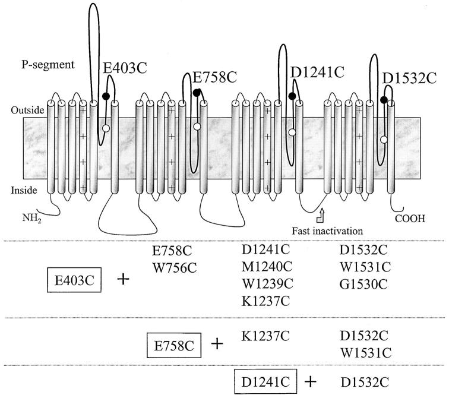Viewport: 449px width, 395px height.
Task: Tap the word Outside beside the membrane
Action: coord(26,110)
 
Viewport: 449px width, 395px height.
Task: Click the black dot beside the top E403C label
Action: coord(106,96)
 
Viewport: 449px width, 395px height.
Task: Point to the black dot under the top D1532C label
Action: coord(384,99)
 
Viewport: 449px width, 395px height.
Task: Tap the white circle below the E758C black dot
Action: coord(197,126)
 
